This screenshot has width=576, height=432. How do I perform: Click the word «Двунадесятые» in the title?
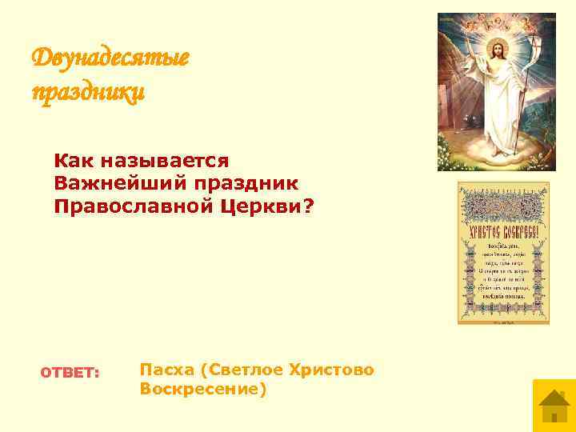110,58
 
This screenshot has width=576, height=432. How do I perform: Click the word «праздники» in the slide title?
88,92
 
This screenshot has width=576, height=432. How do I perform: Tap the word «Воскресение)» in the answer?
202,390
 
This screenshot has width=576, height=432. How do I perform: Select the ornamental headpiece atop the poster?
503,202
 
